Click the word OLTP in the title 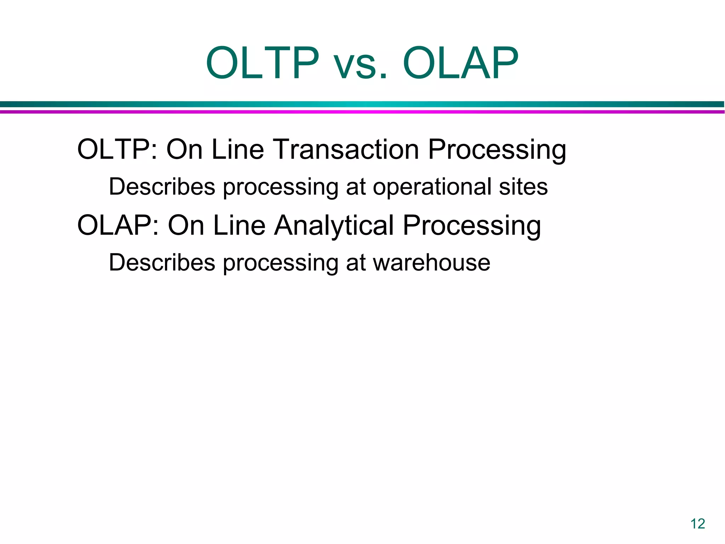[262, 64]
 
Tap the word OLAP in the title [461, 64]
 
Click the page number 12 [698, 524]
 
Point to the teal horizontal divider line [362, 104]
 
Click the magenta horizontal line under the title [362, 112]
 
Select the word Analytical [334, 226]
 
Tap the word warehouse [432, 263]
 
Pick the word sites [523, 187]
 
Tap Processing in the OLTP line [497, 150]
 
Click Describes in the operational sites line [162, 187]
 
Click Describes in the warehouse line [162, 263]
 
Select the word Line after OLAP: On [239, 226]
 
